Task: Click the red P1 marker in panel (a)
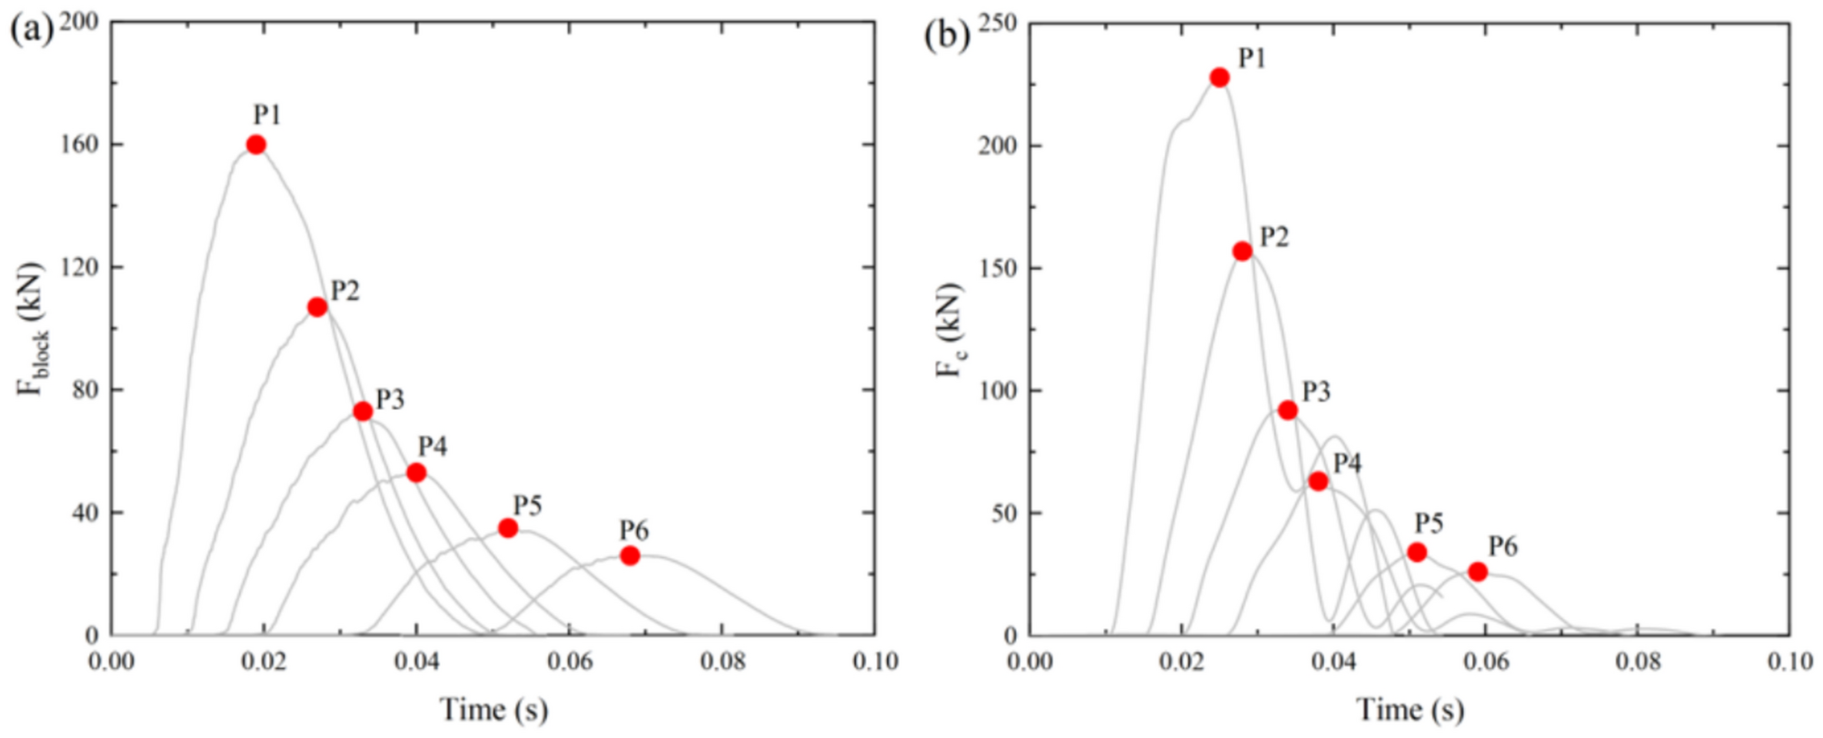(256, 145)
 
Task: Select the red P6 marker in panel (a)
(630, 555)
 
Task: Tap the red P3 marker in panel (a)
(363, 411)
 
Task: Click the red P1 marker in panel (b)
(1220, 77)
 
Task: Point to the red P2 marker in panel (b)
(1242, 251)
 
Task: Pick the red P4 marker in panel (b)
(1318, 481)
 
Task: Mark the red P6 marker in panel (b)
(1478, 572)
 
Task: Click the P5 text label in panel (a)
(527, 505)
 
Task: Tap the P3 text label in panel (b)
(1316, 392)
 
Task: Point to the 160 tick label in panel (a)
(80, 145)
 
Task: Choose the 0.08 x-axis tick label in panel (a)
(722, 661)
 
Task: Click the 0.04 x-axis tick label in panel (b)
(1334, 661)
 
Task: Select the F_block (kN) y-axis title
(33, 329)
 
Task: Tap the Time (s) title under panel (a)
(494, 710)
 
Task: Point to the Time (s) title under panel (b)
(1410, 710)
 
